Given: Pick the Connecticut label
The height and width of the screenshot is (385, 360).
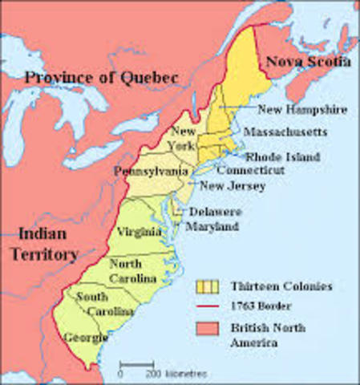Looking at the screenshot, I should (x=250, y=171).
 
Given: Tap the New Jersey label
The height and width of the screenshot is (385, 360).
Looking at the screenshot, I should (x=233, y=186).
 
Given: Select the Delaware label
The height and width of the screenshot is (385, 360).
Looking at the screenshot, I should (x=215, y=213).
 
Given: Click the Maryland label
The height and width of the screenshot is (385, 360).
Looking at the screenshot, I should (x=212, y=227).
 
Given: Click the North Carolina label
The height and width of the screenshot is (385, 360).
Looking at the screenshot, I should (x=128, y=270).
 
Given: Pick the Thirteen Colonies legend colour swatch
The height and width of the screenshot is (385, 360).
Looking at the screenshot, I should (x=207, y=286).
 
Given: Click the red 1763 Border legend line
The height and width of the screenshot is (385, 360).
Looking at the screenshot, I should (x=207, y=307).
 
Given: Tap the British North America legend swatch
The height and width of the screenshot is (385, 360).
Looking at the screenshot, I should (x=207, y=329).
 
